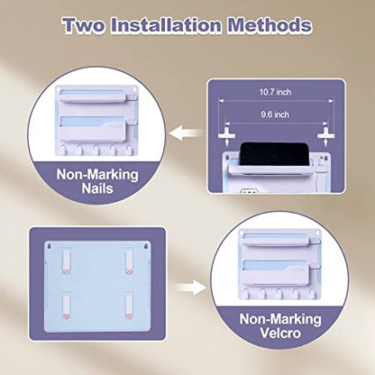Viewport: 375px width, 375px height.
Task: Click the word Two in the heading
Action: pyautogui.click(x=85, y=25)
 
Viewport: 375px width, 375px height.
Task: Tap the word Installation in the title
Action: pyautogui.click(x=166, y=25)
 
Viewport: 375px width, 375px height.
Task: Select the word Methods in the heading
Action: pyautogui.click(x=270, y=25)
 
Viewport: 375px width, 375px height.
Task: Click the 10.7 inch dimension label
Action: pyautogui.click(x=275, y=92)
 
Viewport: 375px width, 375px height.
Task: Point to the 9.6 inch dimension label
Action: pyautogui.click(x=275, y=114)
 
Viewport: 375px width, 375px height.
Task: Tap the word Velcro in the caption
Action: pyautogui.click(x=280, y=333)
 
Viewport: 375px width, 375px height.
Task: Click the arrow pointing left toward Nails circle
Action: pyautogui.click(x=187, y=133)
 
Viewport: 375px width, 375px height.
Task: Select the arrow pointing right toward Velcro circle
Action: pyautogui.click(x=190, y=288)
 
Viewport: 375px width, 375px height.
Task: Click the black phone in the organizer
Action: pyautogui.click(x=274, y=153)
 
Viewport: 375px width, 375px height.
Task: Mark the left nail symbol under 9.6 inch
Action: pyautogui.click(x=226, y=135)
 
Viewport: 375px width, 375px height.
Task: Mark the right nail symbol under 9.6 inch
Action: pyautogui.click(x=325, y=135)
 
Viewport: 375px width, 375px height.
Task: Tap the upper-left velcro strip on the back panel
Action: pyautogui.click(x=67, y=261)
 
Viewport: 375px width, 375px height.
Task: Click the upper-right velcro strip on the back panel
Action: pyautogui.click(x=129, y=261)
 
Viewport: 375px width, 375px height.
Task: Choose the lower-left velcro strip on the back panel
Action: pyautogui.click(x=67, y=306)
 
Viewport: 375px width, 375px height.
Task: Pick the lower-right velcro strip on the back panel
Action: pyautogui.click(x=129, y=306)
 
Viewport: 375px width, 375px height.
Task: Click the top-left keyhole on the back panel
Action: pyautogui.click(x=50, y=247)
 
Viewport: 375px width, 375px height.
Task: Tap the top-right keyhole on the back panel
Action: pyautogui.click(x=146, y=247)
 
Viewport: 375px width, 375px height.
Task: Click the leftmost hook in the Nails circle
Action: pyautogui.click(x=62, y=149)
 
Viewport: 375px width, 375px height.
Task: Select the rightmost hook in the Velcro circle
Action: pyautogui.click(x=313, y=293)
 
